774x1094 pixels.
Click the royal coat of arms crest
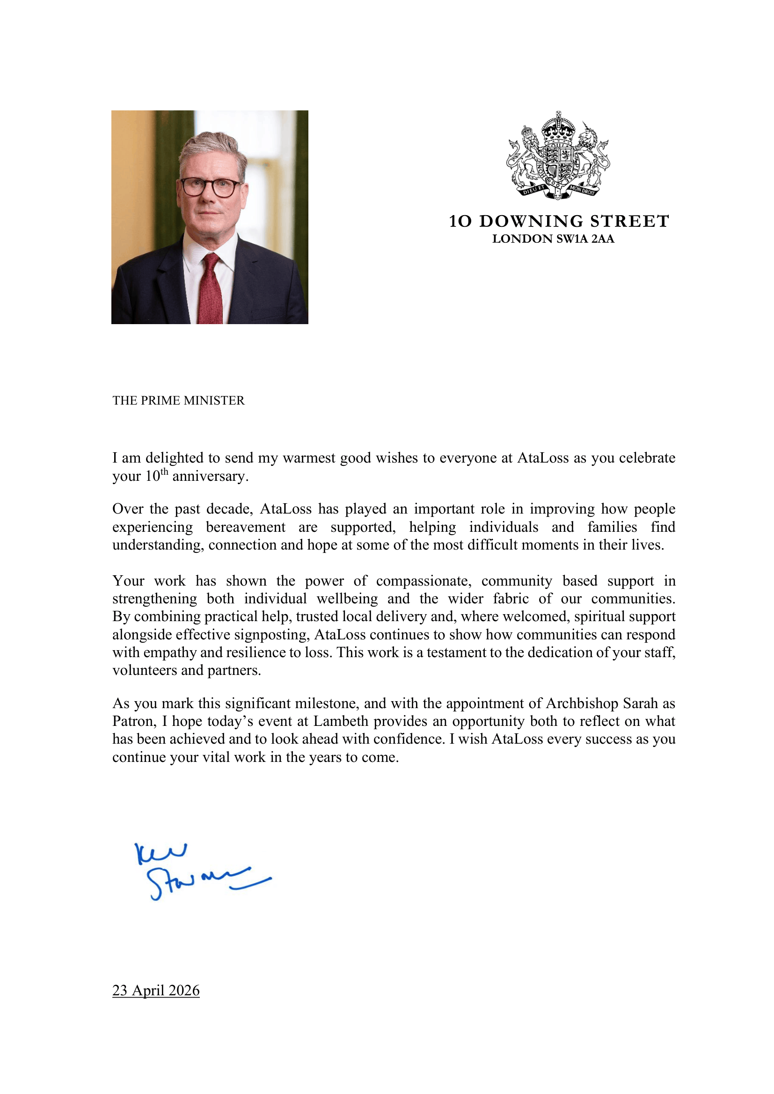[558, 155]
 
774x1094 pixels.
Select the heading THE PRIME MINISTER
[178, 400]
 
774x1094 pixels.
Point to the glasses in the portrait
[210, 186]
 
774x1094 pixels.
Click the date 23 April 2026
[156, 990]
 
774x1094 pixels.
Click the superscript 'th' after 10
[164, 472]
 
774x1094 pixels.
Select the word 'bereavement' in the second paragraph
[246, 527]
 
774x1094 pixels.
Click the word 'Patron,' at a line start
[134, 721]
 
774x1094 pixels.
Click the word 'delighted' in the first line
[176, 458]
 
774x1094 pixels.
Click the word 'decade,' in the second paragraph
[229, 509]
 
